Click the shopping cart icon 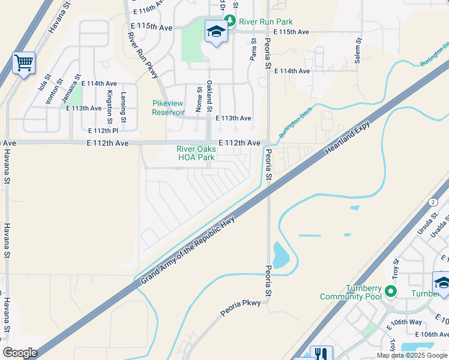[x=23, y=62]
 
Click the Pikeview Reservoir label [x=168, y=108]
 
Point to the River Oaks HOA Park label [x=196, y=154]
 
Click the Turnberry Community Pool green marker [x=391, y=292]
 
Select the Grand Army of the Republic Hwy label [x=187, y=251]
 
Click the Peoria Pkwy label [x=240, y=303]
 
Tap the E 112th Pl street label [x=103, y=131]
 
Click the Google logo [x=20, y=353]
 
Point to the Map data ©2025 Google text [x=411, y=355]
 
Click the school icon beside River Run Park [x=215, y=31]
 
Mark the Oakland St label [x=209, y=96]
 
